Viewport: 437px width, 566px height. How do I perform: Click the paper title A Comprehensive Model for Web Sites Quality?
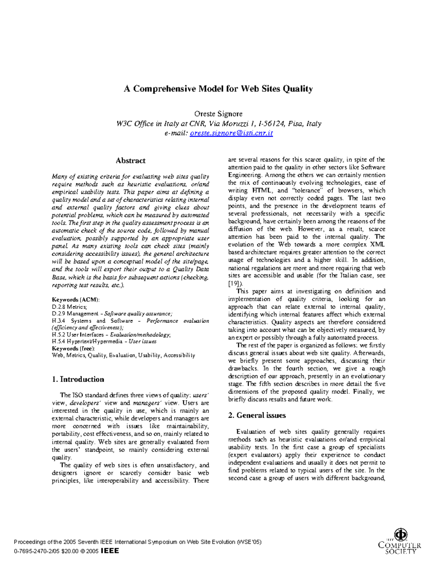[218, 89]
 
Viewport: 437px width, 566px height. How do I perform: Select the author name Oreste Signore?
[218, 114]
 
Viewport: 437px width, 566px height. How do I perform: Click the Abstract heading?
[130, 161]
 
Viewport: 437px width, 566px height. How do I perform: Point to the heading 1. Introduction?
[78, 379]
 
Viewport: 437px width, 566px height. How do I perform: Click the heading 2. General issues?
[257, 415]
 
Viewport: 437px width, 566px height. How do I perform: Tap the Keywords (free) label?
[73, 348]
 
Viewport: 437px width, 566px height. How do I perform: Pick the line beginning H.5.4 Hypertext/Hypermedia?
[104, 341]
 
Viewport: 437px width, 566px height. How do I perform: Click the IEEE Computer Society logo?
[399, 542]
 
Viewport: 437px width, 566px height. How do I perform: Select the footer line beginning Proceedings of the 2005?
[137, 542]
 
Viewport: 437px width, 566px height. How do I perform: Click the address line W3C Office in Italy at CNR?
[219, 124]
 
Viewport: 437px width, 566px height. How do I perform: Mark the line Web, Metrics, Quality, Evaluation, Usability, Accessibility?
[123, 355]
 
